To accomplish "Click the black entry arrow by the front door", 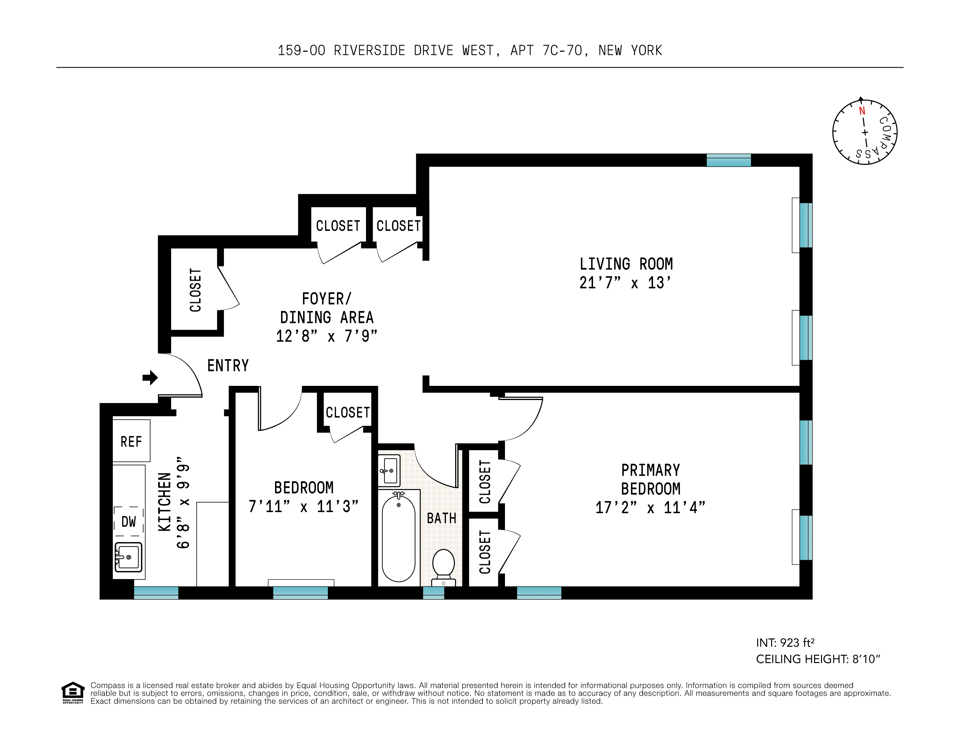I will coord(150,377).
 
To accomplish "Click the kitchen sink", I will coord(128,557).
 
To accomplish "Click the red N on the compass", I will coord(862,111).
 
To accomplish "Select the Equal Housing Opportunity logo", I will coord(72,692).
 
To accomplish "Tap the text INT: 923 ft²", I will coord(785,643).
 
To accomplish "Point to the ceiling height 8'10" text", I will coord(818,659).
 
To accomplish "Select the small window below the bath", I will coord(433,592).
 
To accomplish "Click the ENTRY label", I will coord(228,365).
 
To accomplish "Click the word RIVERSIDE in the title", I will coord(369,51).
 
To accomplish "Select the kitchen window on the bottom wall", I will coord(156,592).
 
